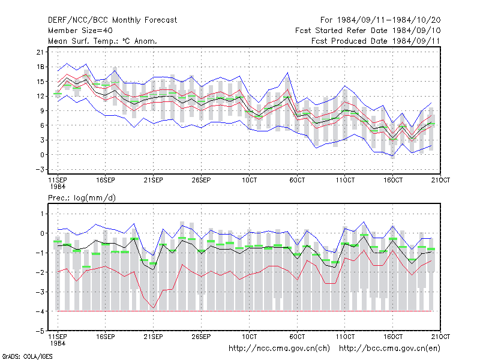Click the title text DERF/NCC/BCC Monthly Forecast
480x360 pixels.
pyautogui.click(x=112, y=20)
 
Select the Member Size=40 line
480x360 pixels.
pyautogui.click(x=80, y=31)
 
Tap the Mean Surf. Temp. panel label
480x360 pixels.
pyautogui.click(x=102, y=41)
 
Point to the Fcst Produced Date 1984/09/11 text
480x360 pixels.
pyautogui.click(x=376, y=41)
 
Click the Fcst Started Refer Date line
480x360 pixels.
pyautogui.click(x=368, y=31)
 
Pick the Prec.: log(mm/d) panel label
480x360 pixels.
pyautogui.click(x=82, y=198)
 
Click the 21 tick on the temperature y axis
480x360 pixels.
pyautogui.click(x=40, y=52)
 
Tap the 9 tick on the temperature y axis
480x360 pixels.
pyautogui.click(x=42, y=111)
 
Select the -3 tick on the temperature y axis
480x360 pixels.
pyautogui.click(x=40, y=169)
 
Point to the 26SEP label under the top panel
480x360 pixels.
pyautogui.click(x=201, y=180)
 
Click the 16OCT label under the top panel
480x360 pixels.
pyautogui.click(x=393, y=180)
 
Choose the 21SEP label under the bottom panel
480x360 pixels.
pyautogui.click(x=153, y=337)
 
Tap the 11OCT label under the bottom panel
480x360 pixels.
pyautogui.click(x=345, y=337)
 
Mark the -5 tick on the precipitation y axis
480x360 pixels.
pyautogui.click(x=40, y=331)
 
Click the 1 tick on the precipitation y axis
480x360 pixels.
pyautogui.click(x=42, y=214)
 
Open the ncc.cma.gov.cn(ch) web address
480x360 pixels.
pyautogui.click(x=279, y=349)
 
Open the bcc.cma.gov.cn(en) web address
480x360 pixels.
pyautogui.click(x=389, y=349)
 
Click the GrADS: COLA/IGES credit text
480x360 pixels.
pyautogui.click(x=27, y=356)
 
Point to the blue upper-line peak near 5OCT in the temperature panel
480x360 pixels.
pyautogui.click(x=287, y=73)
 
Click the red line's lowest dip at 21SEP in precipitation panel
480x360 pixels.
pyautogui.click(x=154, y=308)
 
